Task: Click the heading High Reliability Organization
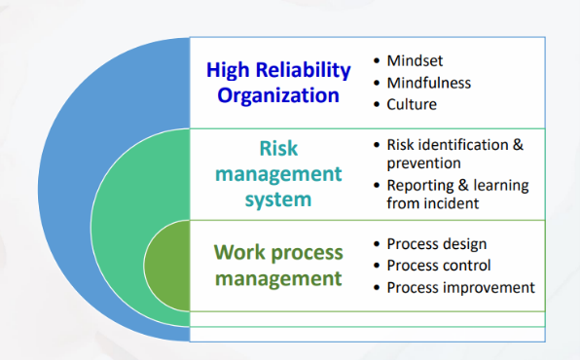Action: [x=278, y=83]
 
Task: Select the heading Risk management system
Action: [x=278, y=173]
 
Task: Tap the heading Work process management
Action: [x=278, y=265]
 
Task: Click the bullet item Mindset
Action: [x=417, y=60]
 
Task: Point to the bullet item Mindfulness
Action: [x=429, y=82]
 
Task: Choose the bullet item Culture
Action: [x=412, y=104]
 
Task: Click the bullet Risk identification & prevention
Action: [x=454, y=154]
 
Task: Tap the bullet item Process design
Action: [x=436, y=243]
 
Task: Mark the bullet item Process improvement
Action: [x=460, y=287]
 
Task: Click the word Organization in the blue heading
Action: [x=278, y=95]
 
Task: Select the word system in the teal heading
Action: [x=278, y=199]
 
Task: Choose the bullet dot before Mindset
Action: [x=377, y=60]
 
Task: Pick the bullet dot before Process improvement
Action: [x=377, y=287]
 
